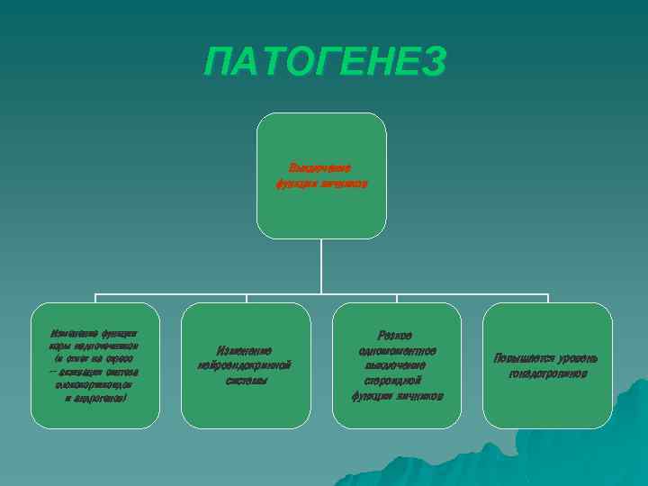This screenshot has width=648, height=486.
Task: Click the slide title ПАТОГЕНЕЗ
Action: click(x=324, y=63)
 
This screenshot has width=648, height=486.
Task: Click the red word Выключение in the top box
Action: click(x=319, y=167)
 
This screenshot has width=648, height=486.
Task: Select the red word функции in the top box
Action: click(x=298, y=184)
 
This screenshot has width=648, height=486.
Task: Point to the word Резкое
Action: click(x=396, y=335)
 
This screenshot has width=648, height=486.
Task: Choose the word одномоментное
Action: click(x=397, y=350)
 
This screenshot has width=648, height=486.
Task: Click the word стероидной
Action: click(x=397, y=381)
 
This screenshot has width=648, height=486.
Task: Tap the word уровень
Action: click(x=577, y=358)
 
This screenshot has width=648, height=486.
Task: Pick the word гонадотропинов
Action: click(x=547, y=373)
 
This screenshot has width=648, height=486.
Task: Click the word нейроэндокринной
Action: click(x=245, y=365)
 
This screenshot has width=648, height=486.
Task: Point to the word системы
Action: click(x=245, y=381)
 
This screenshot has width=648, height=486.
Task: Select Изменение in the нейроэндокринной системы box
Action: click(x=245, y=350)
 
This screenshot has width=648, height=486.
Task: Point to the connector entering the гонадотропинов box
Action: click(x=547, y=299)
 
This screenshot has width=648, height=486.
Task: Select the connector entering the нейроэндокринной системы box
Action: click(x=246, y=299)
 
